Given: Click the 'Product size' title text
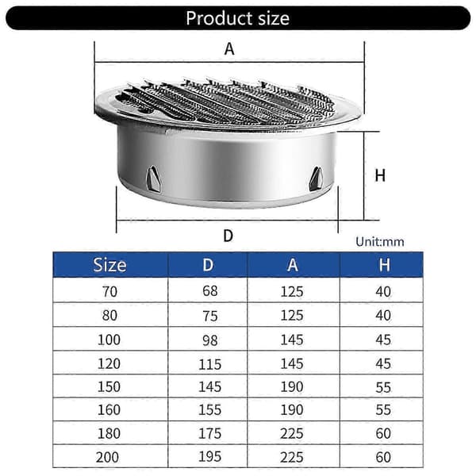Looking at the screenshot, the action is point(238,18).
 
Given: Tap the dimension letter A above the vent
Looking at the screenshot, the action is point(229,49).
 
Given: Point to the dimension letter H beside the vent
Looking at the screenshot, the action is point(380,175).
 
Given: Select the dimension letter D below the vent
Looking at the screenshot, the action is point(228,236).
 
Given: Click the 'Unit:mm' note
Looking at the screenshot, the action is point(380,242).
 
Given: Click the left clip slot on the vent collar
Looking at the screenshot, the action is point(153,179).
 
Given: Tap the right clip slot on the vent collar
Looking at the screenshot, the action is point(316,178).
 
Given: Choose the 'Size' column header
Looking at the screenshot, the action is point(110,265).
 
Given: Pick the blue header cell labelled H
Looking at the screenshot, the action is point(384,265).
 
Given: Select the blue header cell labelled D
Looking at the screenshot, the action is point(208,265).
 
